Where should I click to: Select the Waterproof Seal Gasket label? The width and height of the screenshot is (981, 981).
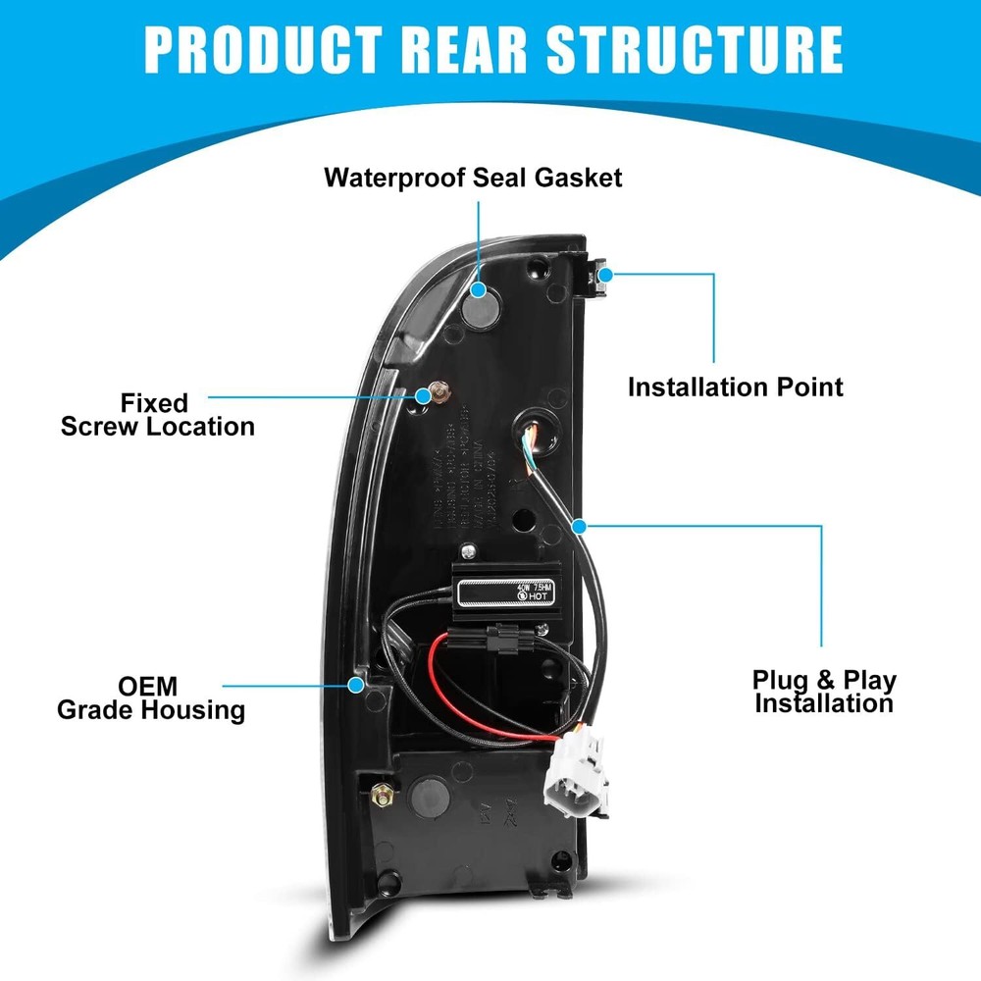coord(474,178)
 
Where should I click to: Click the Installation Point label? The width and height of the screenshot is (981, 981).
coord(735,386)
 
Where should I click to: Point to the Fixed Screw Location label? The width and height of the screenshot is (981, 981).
coord(156,414)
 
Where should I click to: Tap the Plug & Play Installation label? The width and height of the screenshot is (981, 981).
coord(824,691)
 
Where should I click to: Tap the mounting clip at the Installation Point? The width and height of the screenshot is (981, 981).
coord(599,278)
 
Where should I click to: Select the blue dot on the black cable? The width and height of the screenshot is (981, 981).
coord(582,525)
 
